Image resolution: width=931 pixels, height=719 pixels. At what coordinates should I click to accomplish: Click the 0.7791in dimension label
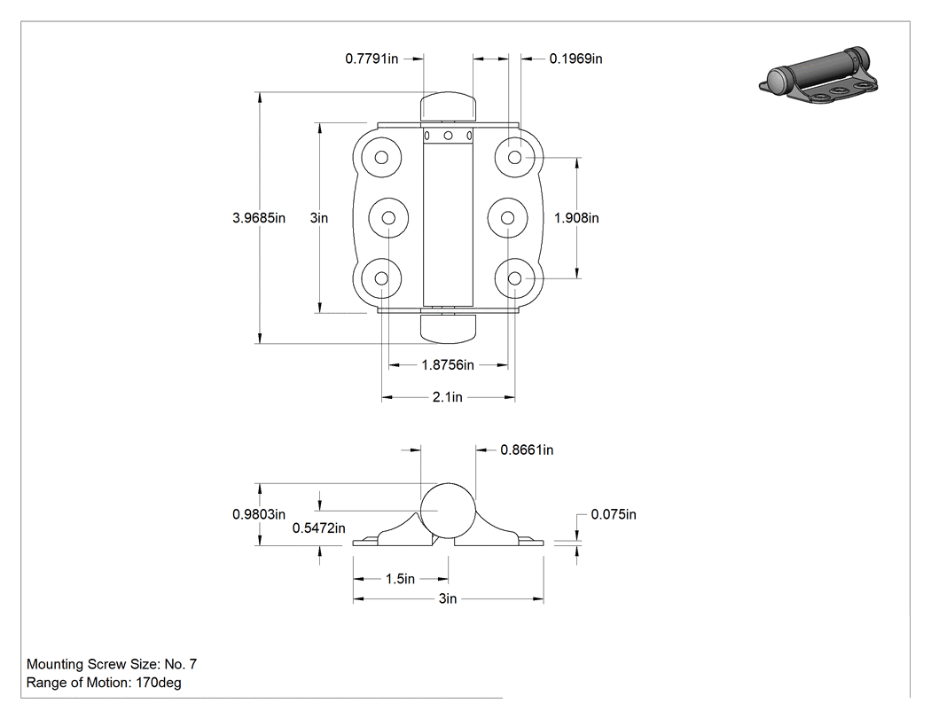click(372, 59)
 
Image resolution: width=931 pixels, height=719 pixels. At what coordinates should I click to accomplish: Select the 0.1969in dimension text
click(575, 59)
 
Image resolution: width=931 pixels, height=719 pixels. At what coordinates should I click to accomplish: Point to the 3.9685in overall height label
click(259, 218)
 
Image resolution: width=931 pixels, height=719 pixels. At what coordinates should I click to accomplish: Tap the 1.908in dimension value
click(576, 218)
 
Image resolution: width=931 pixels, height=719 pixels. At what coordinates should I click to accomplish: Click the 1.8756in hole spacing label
click(448, 364)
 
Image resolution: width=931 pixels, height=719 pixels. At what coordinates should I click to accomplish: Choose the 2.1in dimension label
click(447, 397)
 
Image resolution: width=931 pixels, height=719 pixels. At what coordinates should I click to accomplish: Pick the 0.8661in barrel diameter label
click(527, 450)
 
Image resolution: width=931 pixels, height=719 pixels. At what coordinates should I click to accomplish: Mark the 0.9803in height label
click(259, 514)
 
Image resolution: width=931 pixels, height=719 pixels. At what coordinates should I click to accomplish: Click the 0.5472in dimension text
click(319, 528)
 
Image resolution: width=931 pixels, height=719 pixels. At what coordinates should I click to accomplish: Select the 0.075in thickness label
click(614, 514)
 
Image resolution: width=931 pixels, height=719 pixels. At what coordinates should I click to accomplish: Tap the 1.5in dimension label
click(400, 579)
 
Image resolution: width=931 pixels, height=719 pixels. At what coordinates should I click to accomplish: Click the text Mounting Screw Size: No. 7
click(112, 664)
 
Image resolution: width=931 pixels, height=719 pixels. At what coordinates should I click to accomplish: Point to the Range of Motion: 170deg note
click(104, 683)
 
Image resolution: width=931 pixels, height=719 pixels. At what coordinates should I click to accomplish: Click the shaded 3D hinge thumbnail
click(818, 75)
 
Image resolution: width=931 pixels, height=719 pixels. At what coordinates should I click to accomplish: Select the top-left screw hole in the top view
click(382, 157)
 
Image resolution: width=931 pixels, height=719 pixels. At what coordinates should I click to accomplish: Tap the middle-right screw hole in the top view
click(508, 218)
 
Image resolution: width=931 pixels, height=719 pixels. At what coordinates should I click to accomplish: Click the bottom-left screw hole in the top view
click(382, 278)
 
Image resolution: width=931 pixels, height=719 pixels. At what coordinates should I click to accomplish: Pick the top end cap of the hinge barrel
click(449, 106)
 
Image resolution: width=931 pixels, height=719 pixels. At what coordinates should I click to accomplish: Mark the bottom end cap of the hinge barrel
click(449, 328)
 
